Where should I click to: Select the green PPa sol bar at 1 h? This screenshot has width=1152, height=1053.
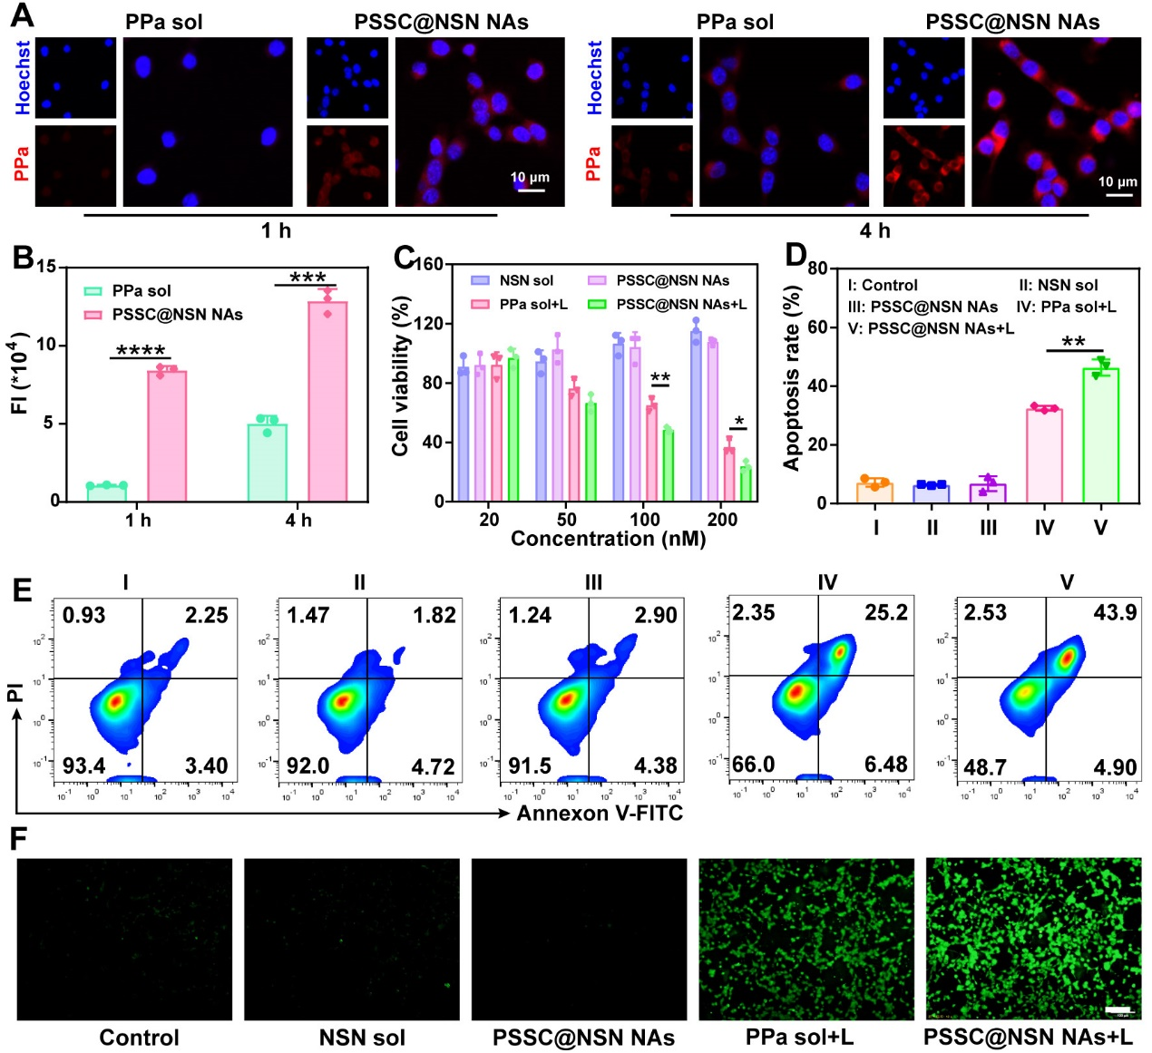click(x=107, y=492)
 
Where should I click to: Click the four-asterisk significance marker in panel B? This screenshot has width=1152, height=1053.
click(x=141, y=351)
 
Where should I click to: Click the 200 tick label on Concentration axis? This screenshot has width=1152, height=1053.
click(x=722, y=520)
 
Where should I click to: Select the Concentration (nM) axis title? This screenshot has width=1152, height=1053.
click(x=608, y=540)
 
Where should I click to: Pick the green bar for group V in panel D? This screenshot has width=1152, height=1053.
click(x=1100, y=435)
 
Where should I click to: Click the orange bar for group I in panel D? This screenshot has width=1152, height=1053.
click(x=875, y=492)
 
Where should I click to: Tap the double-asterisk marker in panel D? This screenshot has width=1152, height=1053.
click(x=1073, y=343)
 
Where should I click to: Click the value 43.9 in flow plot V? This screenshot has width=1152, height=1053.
click(x=1115, y=613)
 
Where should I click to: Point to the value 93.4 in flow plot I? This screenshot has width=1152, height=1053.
click(x=83, y=766)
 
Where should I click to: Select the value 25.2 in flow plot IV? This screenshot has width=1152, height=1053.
click(x=885, y=613)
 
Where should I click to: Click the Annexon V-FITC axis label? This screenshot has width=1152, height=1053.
click(x=600, y=814)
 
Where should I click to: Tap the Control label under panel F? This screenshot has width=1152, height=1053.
click(x=139, y=1038)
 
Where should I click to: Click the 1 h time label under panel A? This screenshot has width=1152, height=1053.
click(x=277, y=230)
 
